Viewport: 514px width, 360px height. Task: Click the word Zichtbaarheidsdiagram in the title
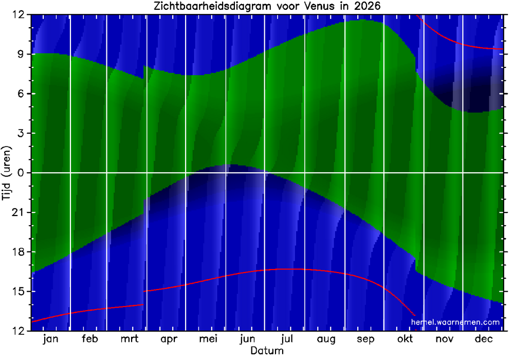click(x=215, y=7)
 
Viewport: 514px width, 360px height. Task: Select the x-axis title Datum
click(x=267, y=351)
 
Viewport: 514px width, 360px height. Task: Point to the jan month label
click(x=50, y=339)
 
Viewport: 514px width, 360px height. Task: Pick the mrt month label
click(x=129, y=339)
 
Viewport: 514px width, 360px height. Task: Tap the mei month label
click(x=208, y=339)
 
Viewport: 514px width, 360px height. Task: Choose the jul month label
click(x=287, y=339)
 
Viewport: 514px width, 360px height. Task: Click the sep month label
click(x=365, y=339)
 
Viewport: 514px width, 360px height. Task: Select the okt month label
click(x=405, y=339)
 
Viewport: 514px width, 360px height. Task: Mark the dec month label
click(x=484, y=339)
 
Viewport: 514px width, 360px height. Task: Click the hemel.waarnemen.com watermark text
click(x=455, y=322)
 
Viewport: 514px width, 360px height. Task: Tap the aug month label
click(x=326, y=339)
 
